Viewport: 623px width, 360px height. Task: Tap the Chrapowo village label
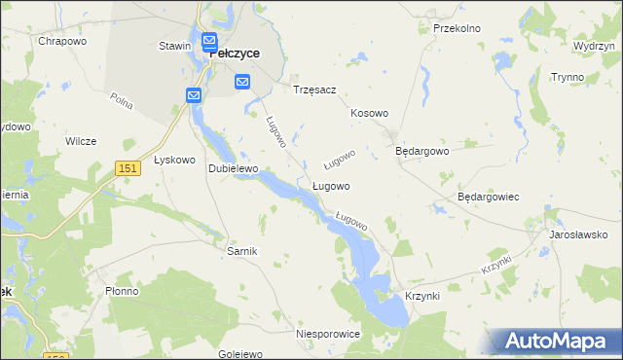point(62,42)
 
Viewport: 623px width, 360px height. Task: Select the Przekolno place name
point(457,28)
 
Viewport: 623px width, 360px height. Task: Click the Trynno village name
point(566,77)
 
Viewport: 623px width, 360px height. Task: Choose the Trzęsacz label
point(314,90)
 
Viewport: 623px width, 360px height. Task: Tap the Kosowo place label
point(370,114)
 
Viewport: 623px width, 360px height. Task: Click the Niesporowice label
point(328,334)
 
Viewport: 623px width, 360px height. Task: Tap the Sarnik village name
point(241,251)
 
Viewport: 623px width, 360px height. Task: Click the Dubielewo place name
point(233,168)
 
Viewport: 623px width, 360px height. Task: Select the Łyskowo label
point(175,161)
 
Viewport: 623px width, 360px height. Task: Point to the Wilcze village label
point(81,141)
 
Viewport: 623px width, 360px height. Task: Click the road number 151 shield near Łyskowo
point(127,168)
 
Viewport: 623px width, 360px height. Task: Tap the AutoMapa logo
point(556,341)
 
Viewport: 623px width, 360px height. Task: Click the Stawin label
point(173,46)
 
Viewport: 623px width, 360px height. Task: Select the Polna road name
point(122,100)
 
